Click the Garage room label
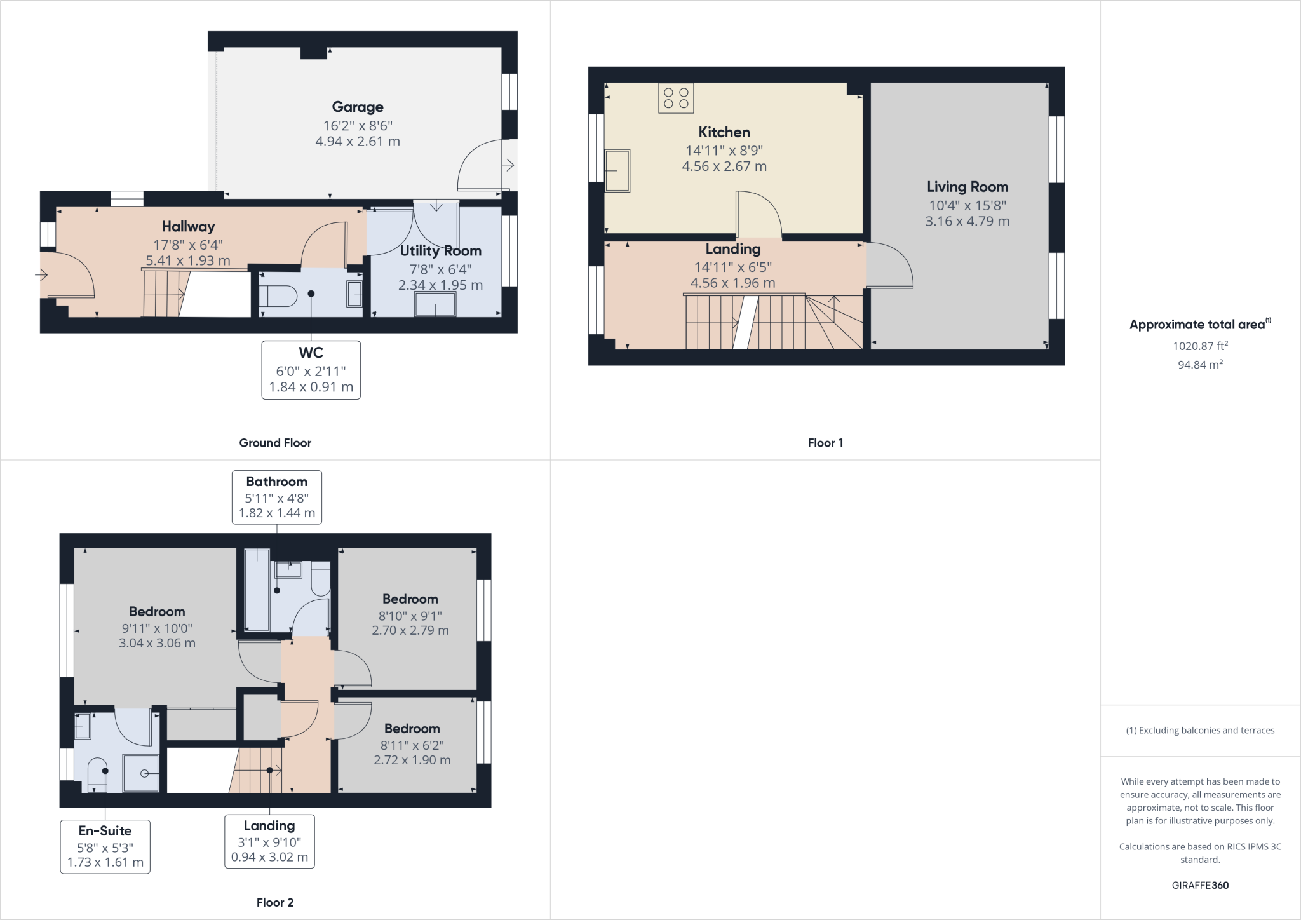357,107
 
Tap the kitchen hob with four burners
676,98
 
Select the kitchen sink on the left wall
617,170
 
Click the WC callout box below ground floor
311,370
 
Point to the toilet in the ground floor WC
279,296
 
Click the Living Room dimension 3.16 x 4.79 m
967,221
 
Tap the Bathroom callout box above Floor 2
276,497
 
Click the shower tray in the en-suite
140,773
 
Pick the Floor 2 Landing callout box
269,841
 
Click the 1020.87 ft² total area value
1199,346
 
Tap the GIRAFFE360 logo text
1199,885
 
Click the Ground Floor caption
275,443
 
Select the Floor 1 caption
825,443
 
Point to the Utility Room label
440,250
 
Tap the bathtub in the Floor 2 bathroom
256,591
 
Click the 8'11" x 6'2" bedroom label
412,745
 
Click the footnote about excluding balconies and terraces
1200,730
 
